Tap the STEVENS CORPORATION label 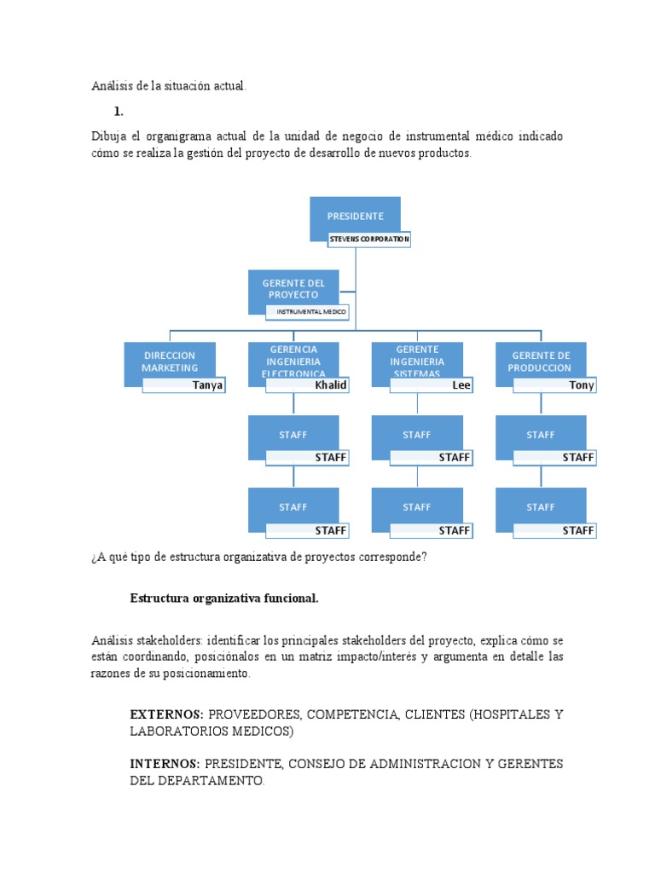pos(370,240)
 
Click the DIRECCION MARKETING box pos(169,361)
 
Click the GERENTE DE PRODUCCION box pos(541,361)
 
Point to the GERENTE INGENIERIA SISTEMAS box pos(417,361)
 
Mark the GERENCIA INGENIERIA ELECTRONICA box pos(293,361)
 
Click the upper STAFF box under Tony pos(541,435)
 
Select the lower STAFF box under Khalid pos(293,507)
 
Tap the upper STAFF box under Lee pos(417,435)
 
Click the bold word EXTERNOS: pos(166,714)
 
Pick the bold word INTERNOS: pos(165,764)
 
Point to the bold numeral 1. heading pos(119,112)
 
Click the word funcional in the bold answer pos(291,598)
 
